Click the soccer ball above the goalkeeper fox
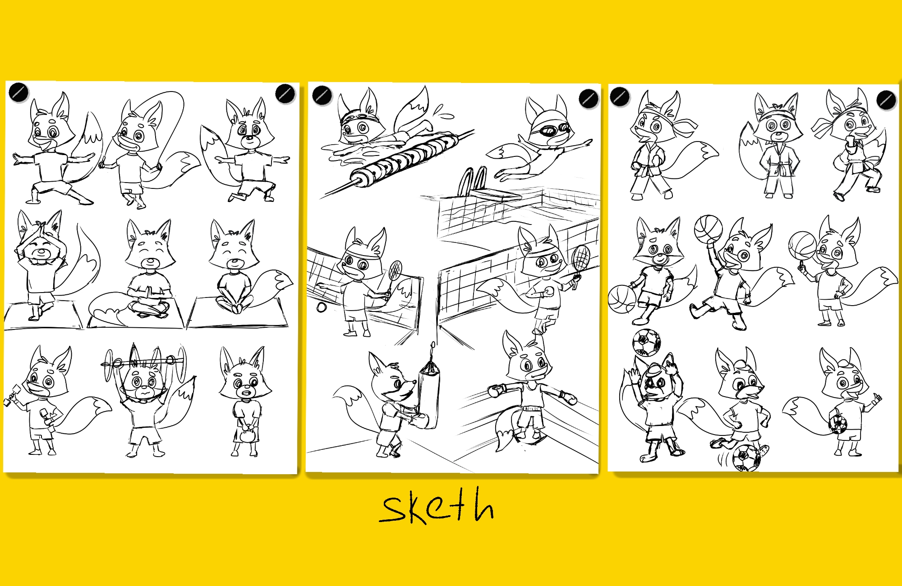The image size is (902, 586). [x=646, y=343]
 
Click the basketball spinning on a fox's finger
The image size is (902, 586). [x=802, y=246]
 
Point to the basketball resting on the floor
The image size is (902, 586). [x=622, y=299]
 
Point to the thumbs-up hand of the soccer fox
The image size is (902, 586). [x=876, y=399]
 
